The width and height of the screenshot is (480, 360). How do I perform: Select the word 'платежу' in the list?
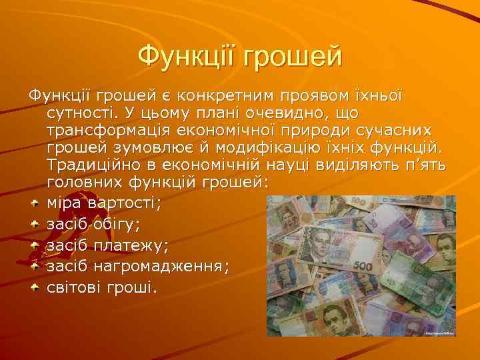(x=131, y=245)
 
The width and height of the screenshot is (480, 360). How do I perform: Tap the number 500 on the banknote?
(x=363, y=265)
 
